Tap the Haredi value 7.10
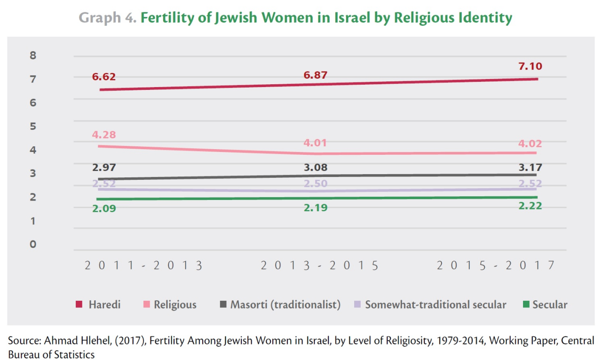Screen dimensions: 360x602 530,66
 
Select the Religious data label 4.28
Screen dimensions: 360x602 103,135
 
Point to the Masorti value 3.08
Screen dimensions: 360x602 315,168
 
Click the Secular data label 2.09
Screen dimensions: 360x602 103,208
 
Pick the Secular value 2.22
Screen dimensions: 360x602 530,206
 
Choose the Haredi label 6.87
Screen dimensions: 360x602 315,75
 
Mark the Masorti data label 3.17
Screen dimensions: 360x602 530,167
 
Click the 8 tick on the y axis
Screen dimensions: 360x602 33,56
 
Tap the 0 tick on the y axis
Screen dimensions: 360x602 33,244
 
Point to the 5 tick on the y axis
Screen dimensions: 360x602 33,126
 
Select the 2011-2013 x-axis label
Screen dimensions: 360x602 144,265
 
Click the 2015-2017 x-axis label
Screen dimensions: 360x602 496,265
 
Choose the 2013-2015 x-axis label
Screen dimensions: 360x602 320,265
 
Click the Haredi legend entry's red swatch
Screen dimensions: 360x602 79,305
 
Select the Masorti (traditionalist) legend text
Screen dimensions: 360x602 285,305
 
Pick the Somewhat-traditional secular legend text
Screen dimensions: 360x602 436,305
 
